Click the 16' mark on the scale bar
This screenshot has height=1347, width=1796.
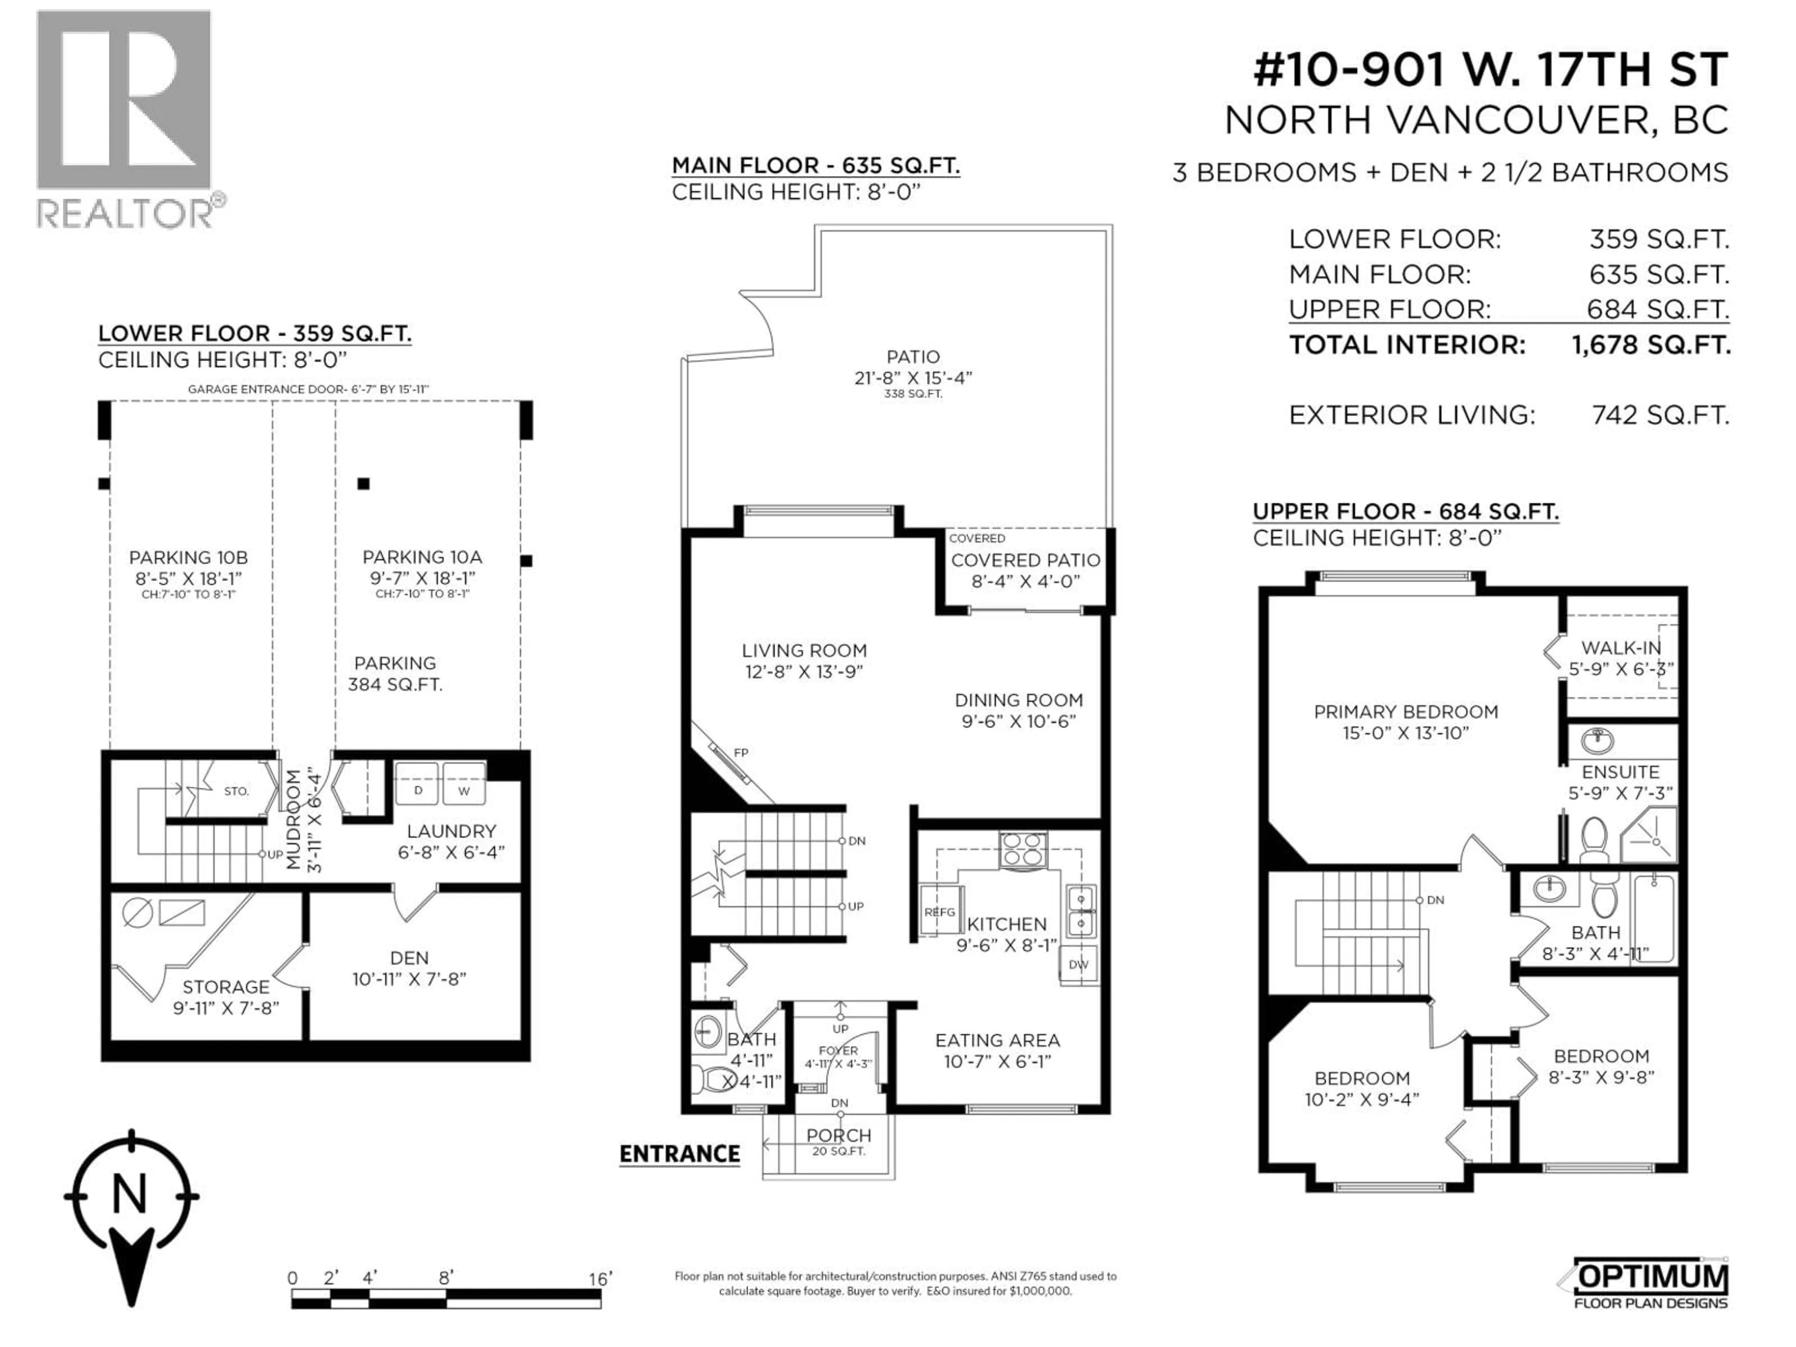coord(599,1279)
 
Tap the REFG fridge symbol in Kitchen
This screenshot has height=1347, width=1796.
coord(940,912)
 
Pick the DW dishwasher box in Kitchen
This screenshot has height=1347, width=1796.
coord(1078,964)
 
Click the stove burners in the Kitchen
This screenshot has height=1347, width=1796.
coord(1022,849)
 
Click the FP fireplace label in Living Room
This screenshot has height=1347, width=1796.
coord(740,753)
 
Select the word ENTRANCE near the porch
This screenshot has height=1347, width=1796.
coord(680,1154)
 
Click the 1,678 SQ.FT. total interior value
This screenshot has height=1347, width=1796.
coord(1651,345)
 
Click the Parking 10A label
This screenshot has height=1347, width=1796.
coord(422,557)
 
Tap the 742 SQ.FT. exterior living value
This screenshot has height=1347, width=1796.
coord(1659,415)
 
